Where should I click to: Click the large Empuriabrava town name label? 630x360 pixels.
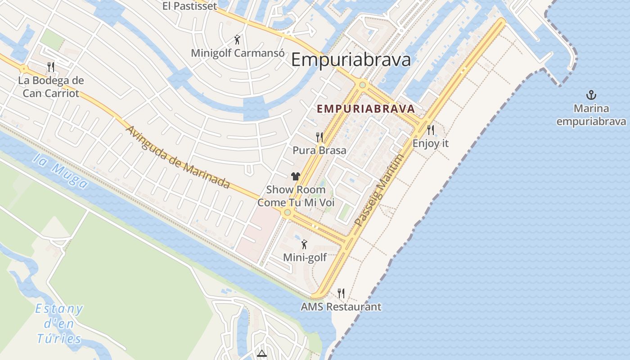coord(351,60)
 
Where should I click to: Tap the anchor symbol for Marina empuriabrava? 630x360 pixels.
coord(591,95)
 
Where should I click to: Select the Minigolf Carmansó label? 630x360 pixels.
coord(238,53)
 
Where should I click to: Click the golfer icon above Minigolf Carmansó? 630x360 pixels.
coord(238,40)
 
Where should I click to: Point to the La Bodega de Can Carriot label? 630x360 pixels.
coord(51,87)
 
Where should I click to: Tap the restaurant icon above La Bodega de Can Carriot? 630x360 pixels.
coord(51,67)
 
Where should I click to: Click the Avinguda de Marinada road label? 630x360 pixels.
coord(178,157)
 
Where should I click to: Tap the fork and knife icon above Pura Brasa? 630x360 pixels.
coord(319,137)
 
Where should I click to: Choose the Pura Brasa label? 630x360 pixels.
coord(319,150)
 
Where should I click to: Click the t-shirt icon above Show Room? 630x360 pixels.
coord(295,176)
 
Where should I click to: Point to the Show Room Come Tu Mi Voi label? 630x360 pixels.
coord(296,196)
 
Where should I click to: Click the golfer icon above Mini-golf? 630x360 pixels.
coord(305,244)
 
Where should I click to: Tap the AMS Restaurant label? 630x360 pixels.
coord(341,307)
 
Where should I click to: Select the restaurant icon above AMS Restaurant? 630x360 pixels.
coord(341,293)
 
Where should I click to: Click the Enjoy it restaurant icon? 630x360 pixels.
coord(431,130)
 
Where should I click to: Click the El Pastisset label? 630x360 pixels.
coord(189,6)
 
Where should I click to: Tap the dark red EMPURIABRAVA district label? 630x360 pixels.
coord(365,109)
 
